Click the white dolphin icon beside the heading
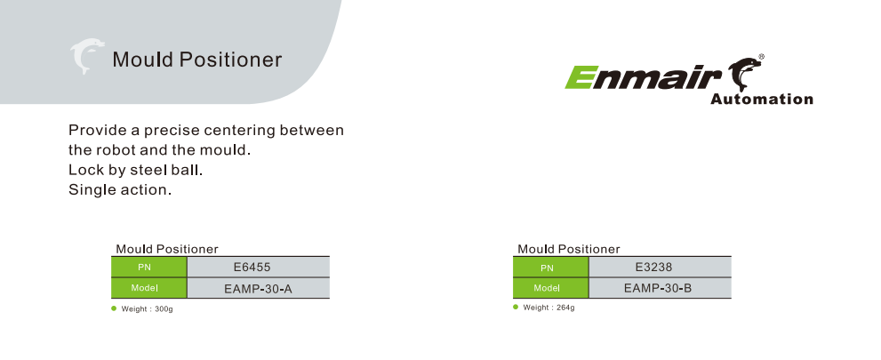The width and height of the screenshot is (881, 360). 86,56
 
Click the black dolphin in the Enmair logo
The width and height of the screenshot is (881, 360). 745,74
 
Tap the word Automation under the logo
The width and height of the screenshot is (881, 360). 761,100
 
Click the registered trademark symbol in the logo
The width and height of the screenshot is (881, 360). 761,57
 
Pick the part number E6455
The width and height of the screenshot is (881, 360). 252,268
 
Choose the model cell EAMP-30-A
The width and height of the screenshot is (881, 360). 258,289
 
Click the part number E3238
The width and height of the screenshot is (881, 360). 653,267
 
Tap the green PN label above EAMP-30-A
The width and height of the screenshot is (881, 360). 148,268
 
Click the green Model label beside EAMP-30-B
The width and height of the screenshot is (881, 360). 550,288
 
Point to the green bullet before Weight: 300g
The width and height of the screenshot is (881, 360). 114,308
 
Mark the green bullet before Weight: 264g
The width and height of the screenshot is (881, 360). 516,307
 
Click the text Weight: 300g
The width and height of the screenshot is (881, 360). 148,309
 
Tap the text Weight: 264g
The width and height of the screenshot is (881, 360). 549,308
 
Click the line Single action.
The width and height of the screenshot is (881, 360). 120,190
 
